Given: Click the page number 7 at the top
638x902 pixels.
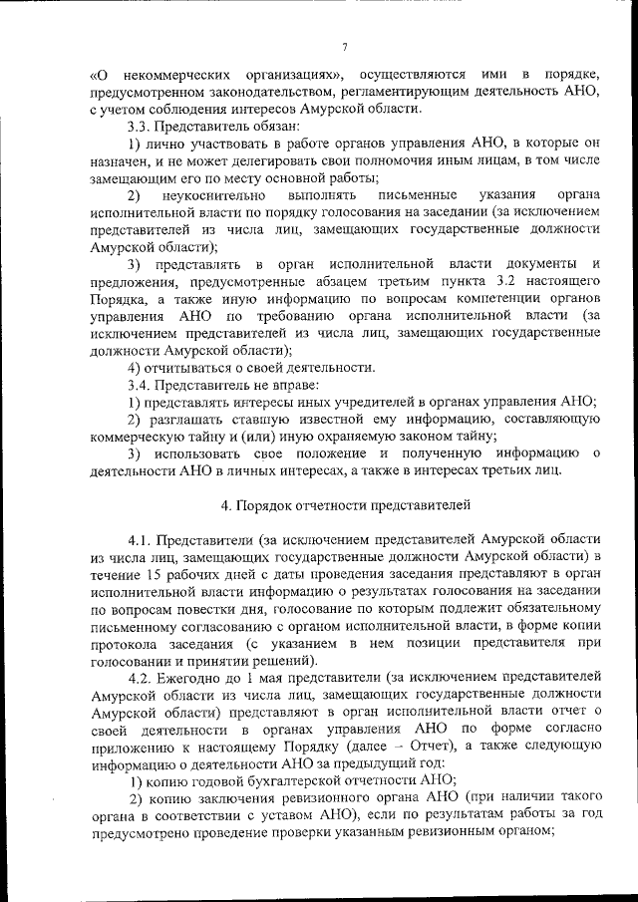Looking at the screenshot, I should (343, 47).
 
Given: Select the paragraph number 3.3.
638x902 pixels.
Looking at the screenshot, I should (139, 127).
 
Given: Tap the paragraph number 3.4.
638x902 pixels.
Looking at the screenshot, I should (139, 384).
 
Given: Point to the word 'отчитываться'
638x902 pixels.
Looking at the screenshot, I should (192, 366).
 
